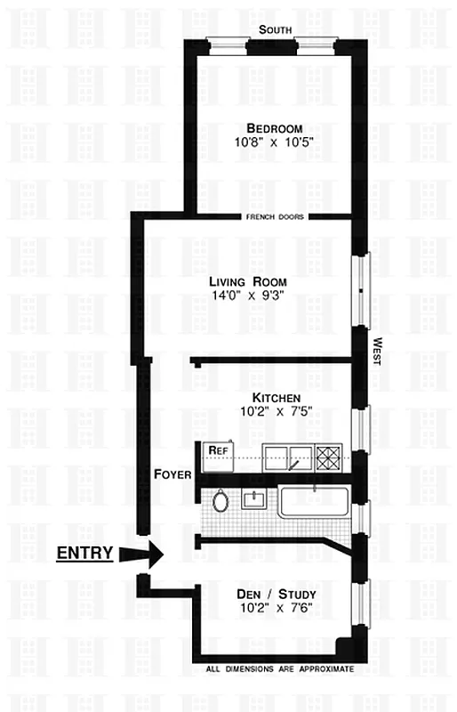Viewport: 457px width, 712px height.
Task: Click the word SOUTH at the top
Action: pyautogui.click(x=275, y=29)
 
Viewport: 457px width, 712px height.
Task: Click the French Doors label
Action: pyautogui.click(x=277, y=217)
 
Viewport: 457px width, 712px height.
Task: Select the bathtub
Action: pyautogui.click(x=316, y=501)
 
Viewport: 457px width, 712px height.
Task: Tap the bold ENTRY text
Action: pyautogui.click(x=84, y=553)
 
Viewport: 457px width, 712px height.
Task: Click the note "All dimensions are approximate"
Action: pyautogui.click(x=279, y=668)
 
